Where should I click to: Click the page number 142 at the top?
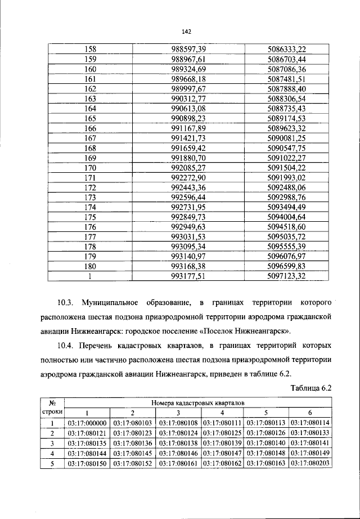point(180,32)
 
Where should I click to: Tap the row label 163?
point(90,98)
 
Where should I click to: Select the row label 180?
point(90,266)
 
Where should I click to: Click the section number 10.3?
point(69,311)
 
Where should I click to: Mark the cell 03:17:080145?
point(132,453)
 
